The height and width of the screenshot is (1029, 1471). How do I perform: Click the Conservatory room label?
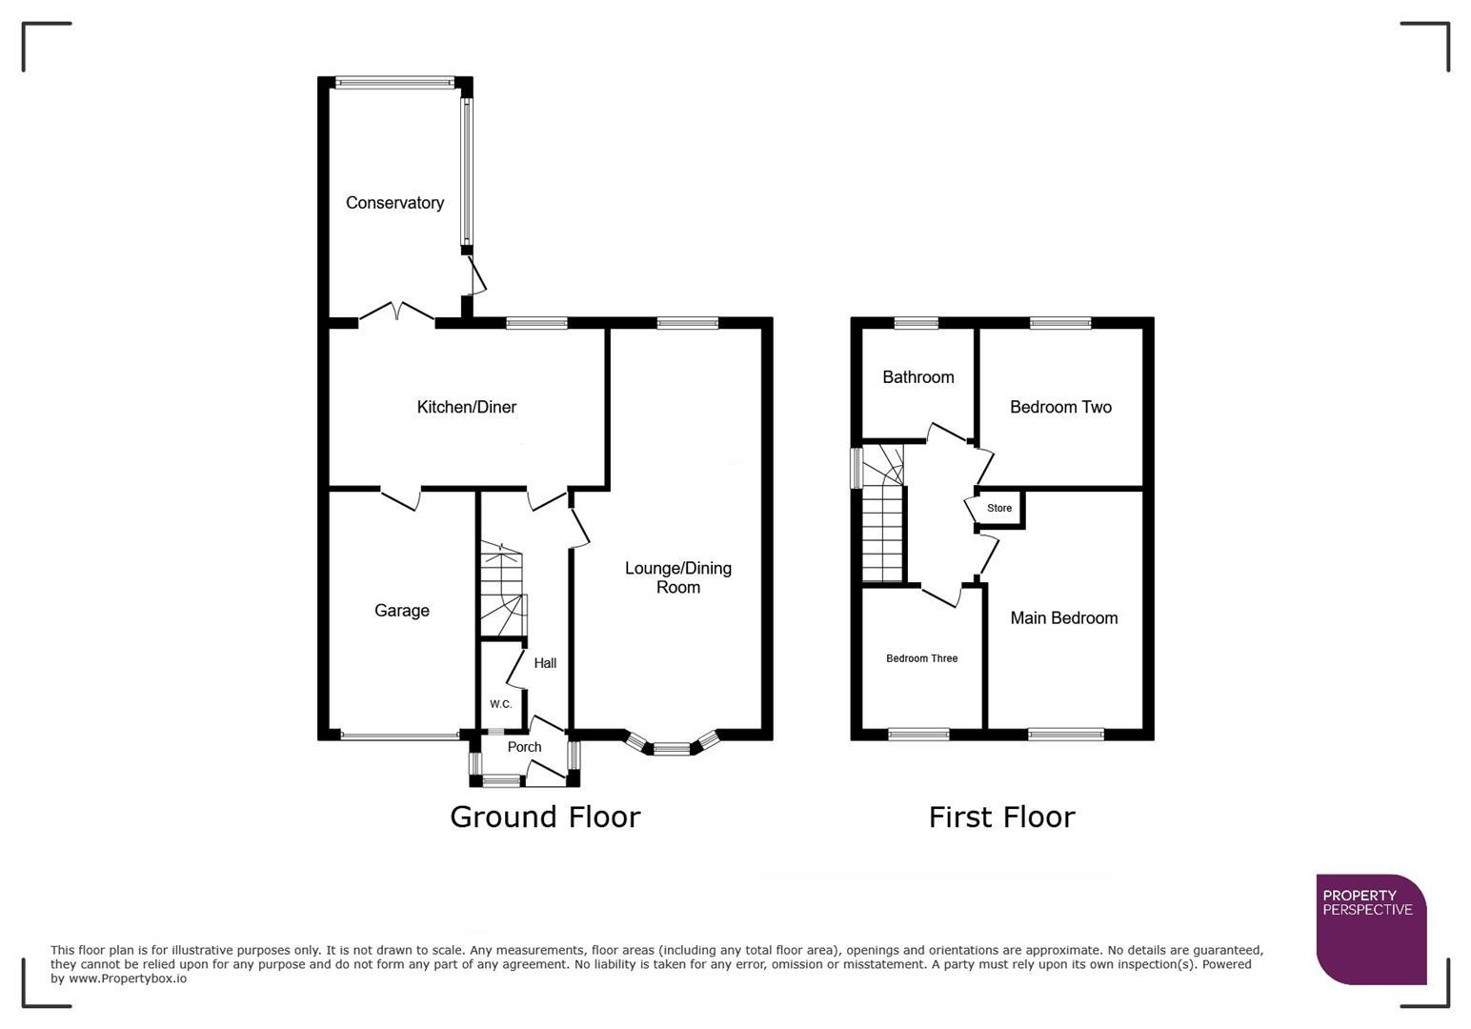[394, 203]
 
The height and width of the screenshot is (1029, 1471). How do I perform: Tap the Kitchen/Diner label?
[466, 407]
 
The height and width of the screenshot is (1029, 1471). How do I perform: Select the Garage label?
[401, 611]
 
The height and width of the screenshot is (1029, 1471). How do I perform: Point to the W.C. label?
[500, 704]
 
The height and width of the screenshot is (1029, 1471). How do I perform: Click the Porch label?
[524, 747]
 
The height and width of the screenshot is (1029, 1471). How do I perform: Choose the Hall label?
[545, 663]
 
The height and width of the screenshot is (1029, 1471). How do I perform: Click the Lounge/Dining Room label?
[678, 577]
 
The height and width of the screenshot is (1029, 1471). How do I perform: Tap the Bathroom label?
[917, 377]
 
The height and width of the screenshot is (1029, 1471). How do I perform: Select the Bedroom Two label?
[1060, 407]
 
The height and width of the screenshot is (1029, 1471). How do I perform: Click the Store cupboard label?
[999, 508]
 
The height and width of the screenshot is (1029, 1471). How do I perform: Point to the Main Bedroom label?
[1063, 618]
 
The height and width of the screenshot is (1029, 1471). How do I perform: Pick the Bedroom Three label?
[921, 658]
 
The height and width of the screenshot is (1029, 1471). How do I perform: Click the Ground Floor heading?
[545, 817]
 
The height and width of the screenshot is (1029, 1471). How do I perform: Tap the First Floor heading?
[1001, 817]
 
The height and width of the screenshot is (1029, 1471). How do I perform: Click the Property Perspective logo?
[1371, 928]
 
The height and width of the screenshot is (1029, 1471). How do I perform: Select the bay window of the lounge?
[671, 748]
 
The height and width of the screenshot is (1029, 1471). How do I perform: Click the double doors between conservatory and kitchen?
[397, 314]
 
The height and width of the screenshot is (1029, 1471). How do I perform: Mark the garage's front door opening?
[400, 736]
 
